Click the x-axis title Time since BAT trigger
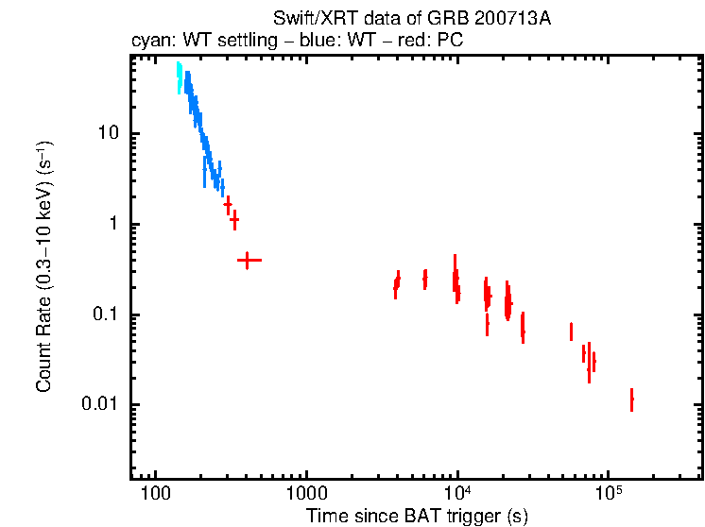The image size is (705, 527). tap(416, 516)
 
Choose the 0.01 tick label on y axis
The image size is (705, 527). tap(97, 405)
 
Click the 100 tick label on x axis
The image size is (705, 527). tap(154, 493)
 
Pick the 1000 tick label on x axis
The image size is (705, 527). tap(305, 493)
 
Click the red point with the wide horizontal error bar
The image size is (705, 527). tap(248, 259)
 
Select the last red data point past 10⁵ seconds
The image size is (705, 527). tap(631, 399)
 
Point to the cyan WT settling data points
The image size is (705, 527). tap(179, 77)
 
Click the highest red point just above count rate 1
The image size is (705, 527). tap(228, 204)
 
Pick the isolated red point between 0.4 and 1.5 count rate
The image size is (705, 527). tap(234, 220)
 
